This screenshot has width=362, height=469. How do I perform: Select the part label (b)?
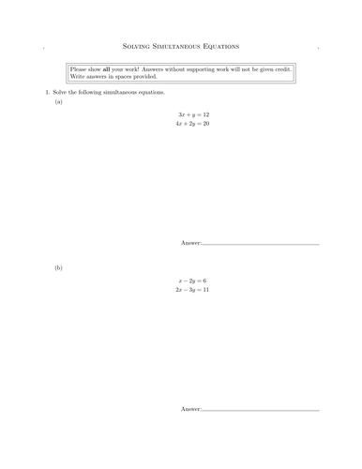(x=58, y=268)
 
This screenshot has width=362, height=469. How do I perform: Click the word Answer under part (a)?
(x=190, y=243)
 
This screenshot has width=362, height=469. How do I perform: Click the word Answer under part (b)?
(x=190, y=410)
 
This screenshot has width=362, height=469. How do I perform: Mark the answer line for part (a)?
(x=261, y=245)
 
